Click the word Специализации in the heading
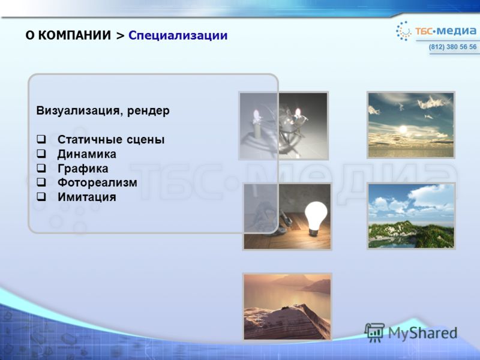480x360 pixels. [178, 35]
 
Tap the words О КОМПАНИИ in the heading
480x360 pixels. [68, 35]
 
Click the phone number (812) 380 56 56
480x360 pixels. [452, 47]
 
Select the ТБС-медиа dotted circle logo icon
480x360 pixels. [403, 31]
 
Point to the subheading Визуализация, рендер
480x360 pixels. [103, 110]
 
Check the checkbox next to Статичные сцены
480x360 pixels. [41, 139]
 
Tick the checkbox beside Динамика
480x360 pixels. [41, 154]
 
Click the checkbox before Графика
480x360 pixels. [41, 168]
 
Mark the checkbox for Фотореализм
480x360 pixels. [41, 182]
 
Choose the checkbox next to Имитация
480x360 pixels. [41, 197]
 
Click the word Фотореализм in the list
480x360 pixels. [97, 183]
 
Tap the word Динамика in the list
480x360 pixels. [87, 154]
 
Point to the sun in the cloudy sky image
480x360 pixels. [403, 129]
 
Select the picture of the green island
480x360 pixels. [411, 216]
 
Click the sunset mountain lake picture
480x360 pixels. [287, 307]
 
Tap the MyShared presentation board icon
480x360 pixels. [374, 332]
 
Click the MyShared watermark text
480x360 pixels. [423, 333]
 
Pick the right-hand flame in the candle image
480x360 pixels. [298, 112]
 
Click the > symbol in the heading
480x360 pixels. [121, 36]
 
